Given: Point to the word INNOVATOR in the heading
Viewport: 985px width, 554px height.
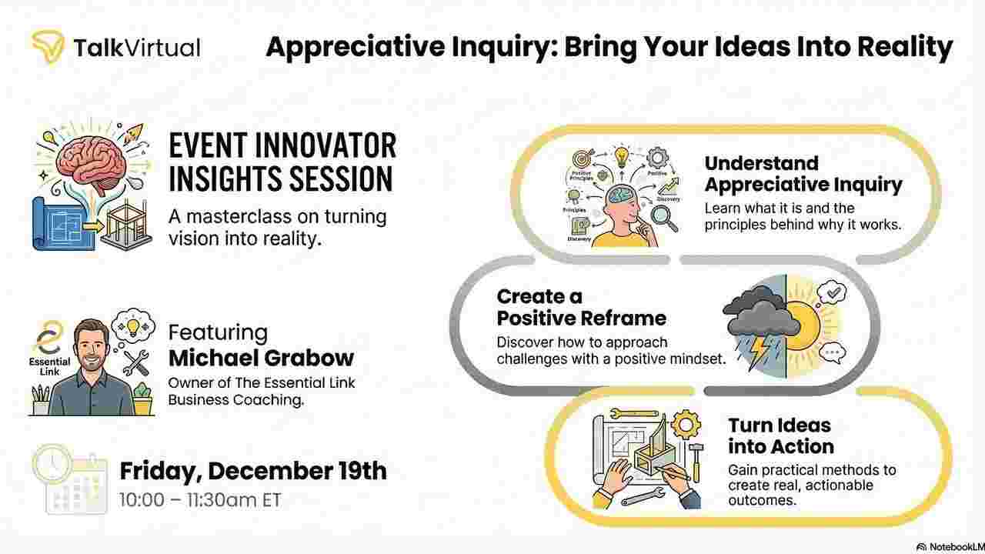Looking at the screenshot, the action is [x=326, y=146].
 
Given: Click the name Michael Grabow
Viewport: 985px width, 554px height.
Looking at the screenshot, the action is [x=261, y=359].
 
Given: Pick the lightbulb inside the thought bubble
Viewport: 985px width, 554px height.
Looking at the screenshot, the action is [x=133, y=327].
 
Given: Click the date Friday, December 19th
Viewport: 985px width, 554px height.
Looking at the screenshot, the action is [x=253, y=472].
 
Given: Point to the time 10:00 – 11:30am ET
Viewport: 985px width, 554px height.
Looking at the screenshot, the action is [x=200, y=500].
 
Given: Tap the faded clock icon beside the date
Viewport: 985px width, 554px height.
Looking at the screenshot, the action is [x=52, y=462].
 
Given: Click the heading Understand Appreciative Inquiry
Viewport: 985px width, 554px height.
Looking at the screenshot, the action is [x=803, y=174].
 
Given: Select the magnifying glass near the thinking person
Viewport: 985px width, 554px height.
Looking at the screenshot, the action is [x=663, y=218].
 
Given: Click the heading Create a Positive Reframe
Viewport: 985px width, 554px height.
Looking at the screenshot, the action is [x=581, y=308].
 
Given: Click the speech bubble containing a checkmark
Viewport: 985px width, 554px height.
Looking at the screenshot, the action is [x=833, y=292].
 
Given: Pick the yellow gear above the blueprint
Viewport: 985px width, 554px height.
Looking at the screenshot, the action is [x=686, y=424].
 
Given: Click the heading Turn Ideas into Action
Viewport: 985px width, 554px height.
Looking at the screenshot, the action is [x=780, y=436].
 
